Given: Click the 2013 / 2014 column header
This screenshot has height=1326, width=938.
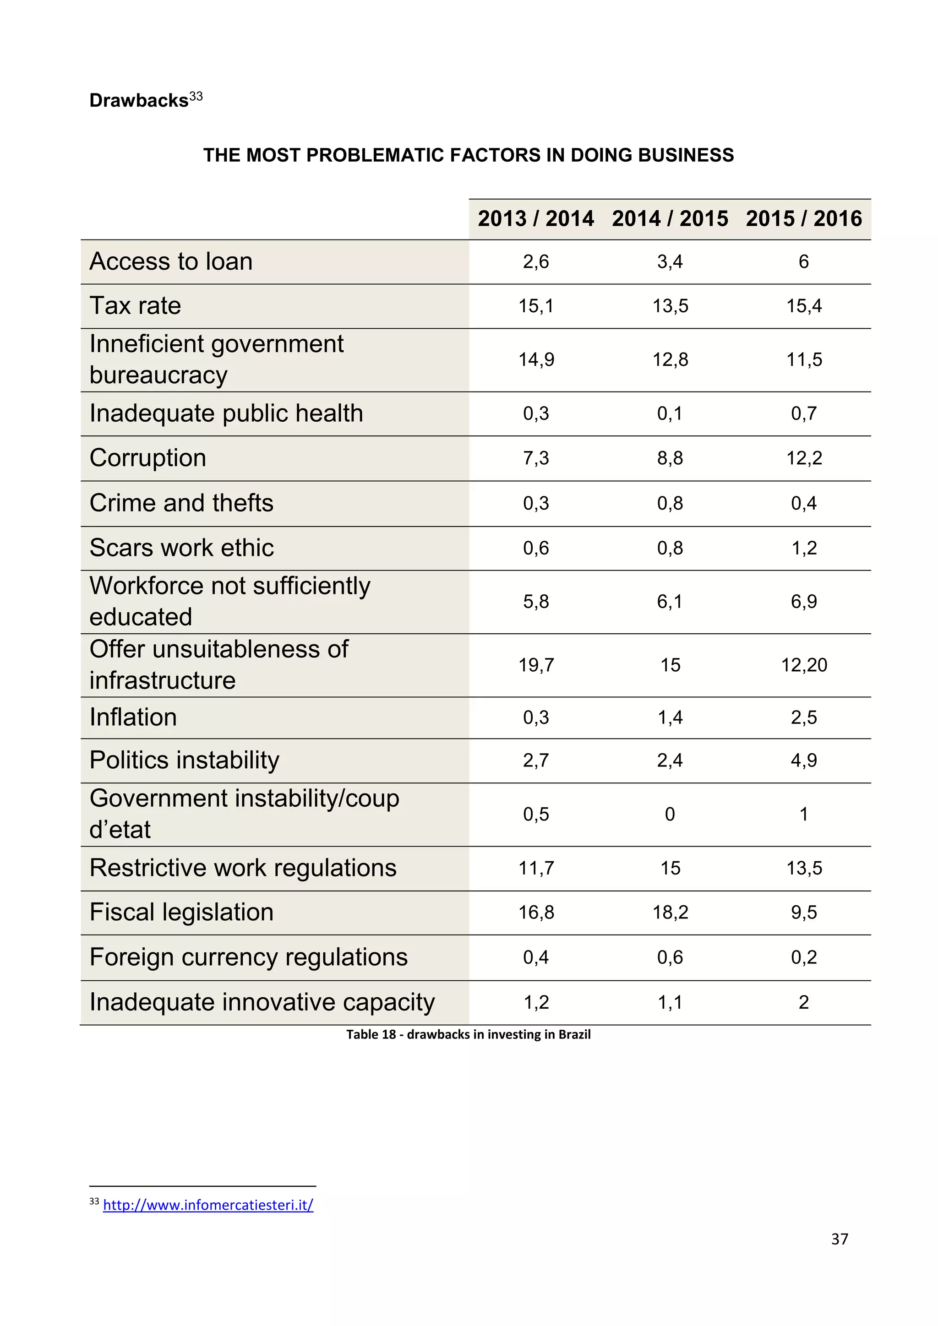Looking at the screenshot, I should pos(535,219).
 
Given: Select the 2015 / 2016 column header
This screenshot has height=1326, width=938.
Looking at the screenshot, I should pos(803,219).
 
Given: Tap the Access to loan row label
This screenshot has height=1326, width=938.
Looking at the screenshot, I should pos(171,261).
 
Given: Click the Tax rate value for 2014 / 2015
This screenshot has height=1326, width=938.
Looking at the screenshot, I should pos(670,306).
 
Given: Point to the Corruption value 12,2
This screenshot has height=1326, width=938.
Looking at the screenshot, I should pos(803,458).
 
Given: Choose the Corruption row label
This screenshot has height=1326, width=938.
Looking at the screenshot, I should pos(148,458).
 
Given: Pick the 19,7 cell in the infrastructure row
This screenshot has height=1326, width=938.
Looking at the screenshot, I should pos(536,665).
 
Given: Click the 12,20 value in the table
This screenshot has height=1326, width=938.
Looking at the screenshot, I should pos(804,665).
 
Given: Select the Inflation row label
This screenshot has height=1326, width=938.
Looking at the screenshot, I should pos(133,717).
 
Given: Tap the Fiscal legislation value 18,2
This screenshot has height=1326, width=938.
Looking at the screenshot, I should pos(670,913).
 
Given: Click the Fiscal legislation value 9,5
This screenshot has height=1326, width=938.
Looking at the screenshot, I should pos(803,913).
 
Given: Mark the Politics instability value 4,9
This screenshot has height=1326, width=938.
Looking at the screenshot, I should pos(803,761).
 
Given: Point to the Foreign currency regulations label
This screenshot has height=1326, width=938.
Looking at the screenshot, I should pos(248,957).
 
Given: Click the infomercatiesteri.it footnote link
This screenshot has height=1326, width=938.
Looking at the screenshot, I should pos(208,1205).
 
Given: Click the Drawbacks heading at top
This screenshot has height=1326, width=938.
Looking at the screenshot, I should pos(139,100).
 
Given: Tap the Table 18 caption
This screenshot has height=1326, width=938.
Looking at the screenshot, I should pos(469,1034).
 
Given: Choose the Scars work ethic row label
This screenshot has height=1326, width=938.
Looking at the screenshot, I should pos(181,548).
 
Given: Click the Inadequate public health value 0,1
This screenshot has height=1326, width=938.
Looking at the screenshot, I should pos(670,413).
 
